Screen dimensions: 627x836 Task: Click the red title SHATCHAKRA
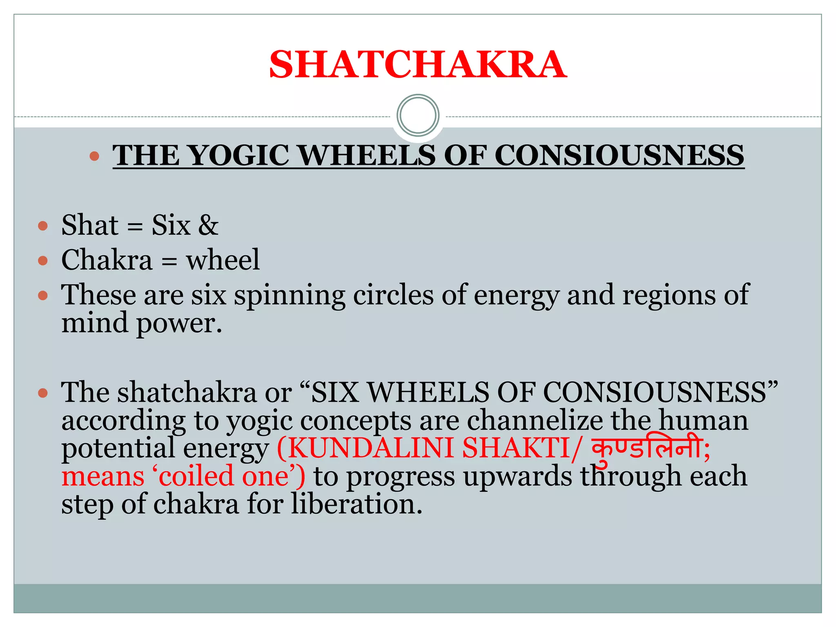tap(418, 64)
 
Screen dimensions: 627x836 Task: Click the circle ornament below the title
tap(418, 116)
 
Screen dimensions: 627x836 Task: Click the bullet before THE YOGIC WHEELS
tap(94, 156)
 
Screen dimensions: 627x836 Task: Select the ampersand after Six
tap(208, 225)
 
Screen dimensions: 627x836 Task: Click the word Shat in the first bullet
tap(89, 225)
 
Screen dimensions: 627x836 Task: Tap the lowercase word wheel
tap(222, 260)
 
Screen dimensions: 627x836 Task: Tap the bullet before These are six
tap(43, 295)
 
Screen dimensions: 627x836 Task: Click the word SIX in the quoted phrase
tap(335, 392)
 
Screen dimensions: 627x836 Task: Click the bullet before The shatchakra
tap(43, 393)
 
